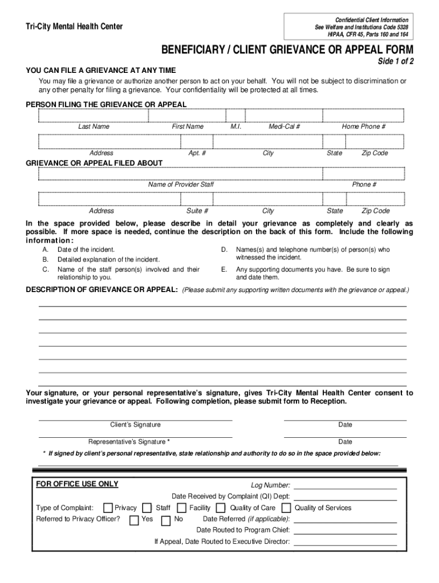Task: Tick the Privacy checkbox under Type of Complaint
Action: pyautogui.click(x=108, y=508)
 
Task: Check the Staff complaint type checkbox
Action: pyautogui.click(x=147, y=508)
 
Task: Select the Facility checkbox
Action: pyautogui.click(x=181, y=508)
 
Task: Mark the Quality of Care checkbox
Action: pyautogui.click(x=221, y=508)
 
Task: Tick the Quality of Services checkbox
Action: pyautogui.click(x=286, y=508)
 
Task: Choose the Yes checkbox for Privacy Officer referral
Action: pyautogui.click(x=134, y=520)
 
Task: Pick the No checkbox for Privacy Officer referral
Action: pyautogui.click(x=166, y=520)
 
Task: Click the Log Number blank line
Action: pyautogui.click(x=345, y=488)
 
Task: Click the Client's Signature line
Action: pyautogui.click(x=135, y=419)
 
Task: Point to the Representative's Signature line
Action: pyautogui.click(x=135, y=436)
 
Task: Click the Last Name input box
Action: pyautogui.click(x=94, y=116)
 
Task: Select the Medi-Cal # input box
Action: pyautogui.click(x=284, y=116)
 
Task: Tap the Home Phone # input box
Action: pyautogui.click(x=363, y=116)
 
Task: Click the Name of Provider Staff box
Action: pyautogui.click(x=181, y=173)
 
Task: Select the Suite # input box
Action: pyautogui.click(x=197, y=199)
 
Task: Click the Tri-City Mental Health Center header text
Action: pyautogui.click(x=74, y=27)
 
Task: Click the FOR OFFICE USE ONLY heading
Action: pyautogui.click(x=77, y=485)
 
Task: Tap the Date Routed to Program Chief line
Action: pyautogui.click(x=345, y=532)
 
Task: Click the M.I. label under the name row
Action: pyautogui.click(x=236, y=126)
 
